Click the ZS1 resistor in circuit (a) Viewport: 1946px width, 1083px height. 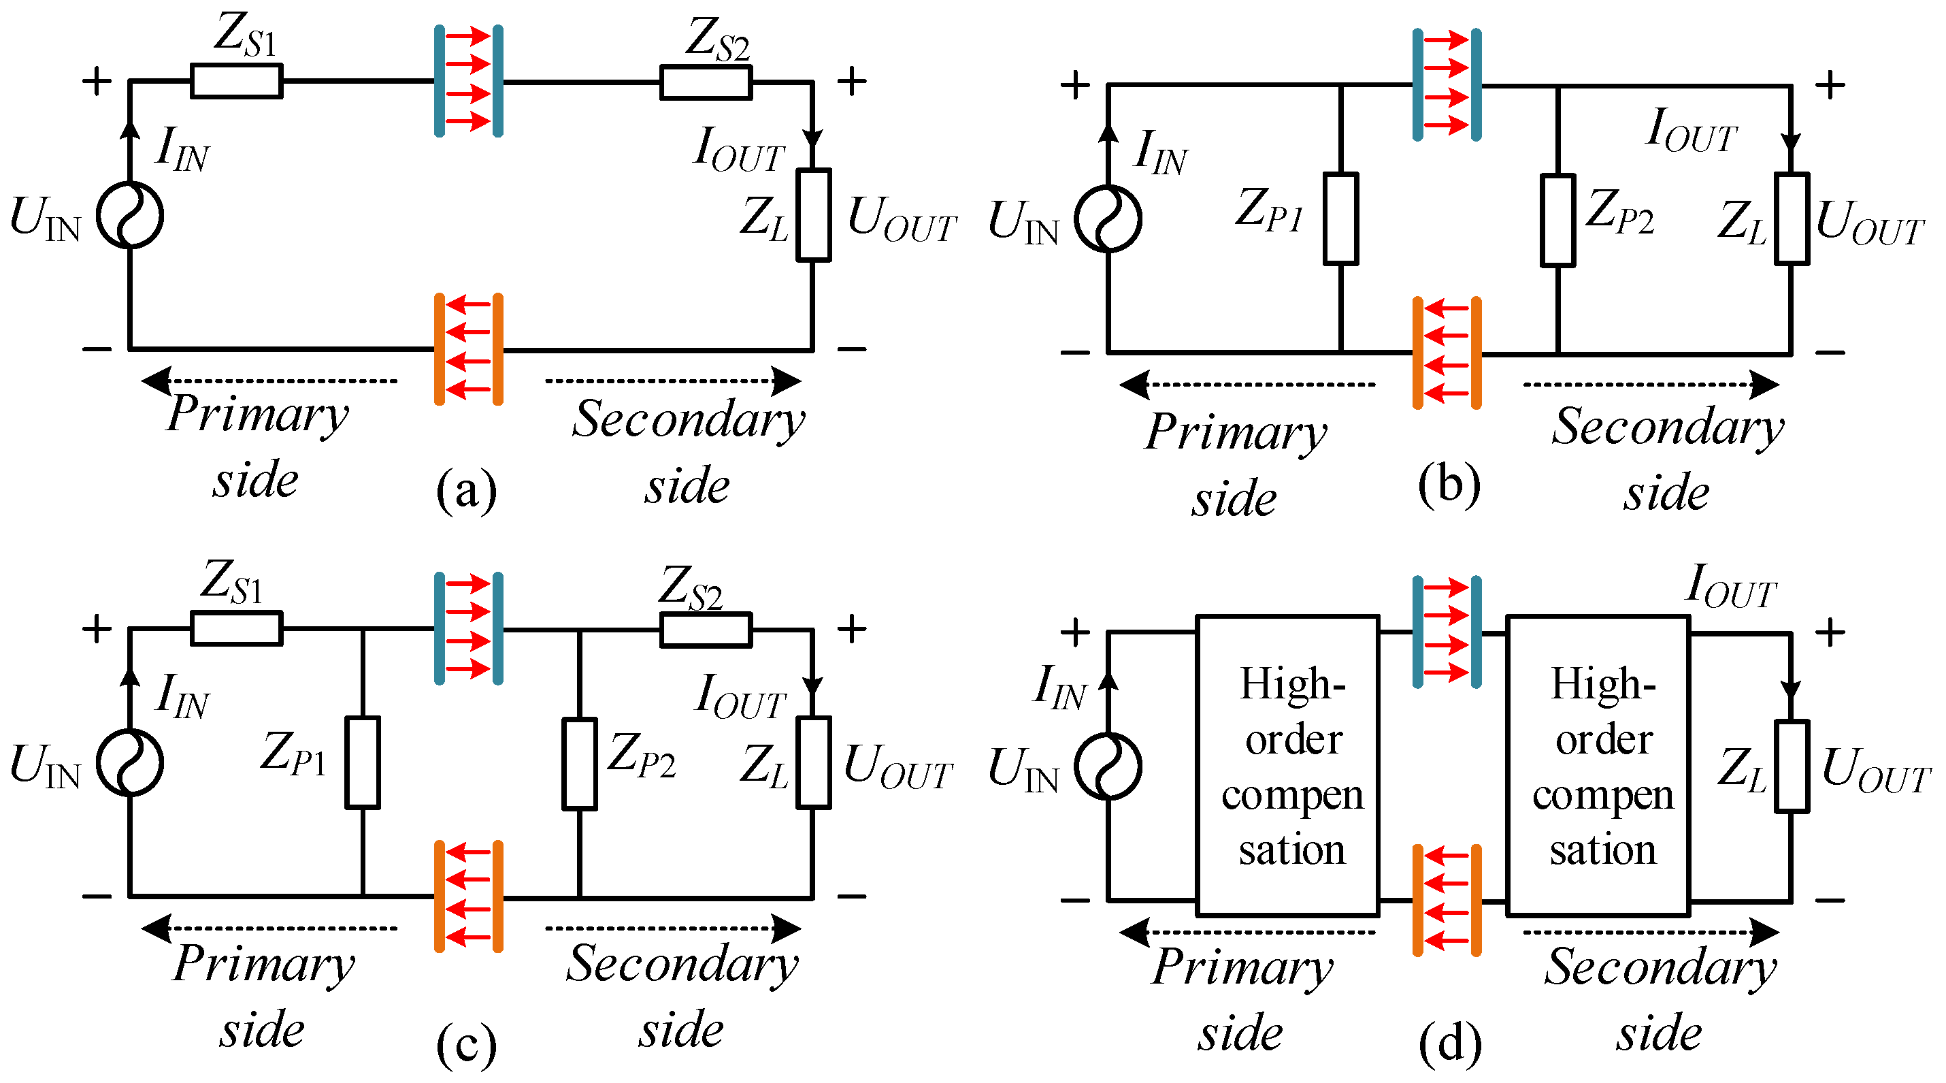pos(237,81)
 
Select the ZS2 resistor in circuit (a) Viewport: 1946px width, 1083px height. pos(706,82)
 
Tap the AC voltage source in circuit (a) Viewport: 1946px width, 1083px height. pos(130,215)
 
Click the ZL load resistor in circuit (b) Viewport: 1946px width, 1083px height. pos(1791,219)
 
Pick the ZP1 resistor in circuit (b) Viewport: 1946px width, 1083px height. pos(1340,219)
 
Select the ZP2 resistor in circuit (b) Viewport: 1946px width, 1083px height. pos(1557,221)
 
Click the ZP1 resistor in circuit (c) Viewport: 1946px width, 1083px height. pos(363,762)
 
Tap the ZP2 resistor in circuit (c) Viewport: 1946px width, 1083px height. pos(580,764)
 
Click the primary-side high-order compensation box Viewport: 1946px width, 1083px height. pos(1288,766)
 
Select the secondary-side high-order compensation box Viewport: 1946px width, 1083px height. pos(1598,766)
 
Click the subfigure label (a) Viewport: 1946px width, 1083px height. pos(466,489)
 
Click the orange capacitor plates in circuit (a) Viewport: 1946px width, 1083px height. pos(468,349)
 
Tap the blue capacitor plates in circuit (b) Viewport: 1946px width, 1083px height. pos(1447,84)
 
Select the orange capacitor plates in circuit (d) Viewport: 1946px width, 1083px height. pos(1447,900)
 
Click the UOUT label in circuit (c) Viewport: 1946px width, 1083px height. pos(897,766)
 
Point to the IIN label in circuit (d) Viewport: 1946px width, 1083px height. pos(1060,688)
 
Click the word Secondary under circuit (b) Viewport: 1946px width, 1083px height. pos(1667,427)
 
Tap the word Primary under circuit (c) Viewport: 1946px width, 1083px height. pos(263,965)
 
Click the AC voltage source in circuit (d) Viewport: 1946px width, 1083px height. pos(1108,766)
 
